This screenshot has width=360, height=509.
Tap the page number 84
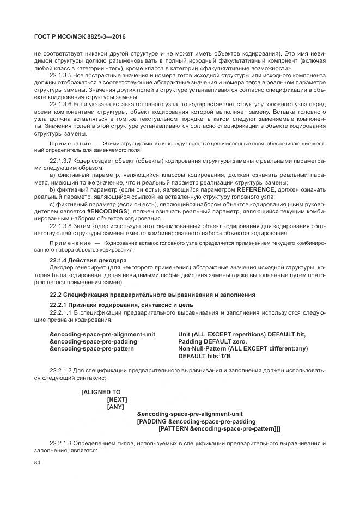(38, 463)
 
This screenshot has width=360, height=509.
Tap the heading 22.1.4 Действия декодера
(88, 261)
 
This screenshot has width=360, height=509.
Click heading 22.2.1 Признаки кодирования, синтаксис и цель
(121, 304)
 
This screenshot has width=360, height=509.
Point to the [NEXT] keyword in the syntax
(117, 399)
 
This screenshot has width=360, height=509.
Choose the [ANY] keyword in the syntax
(115, 406)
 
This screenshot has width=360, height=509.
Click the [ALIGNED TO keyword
(101, 392)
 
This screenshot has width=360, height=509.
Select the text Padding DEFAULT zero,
(210, 341)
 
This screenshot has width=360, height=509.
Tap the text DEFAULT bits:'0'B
(205, 356)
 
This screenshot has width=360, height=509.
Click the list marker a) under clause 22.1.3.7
(52, 176)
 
